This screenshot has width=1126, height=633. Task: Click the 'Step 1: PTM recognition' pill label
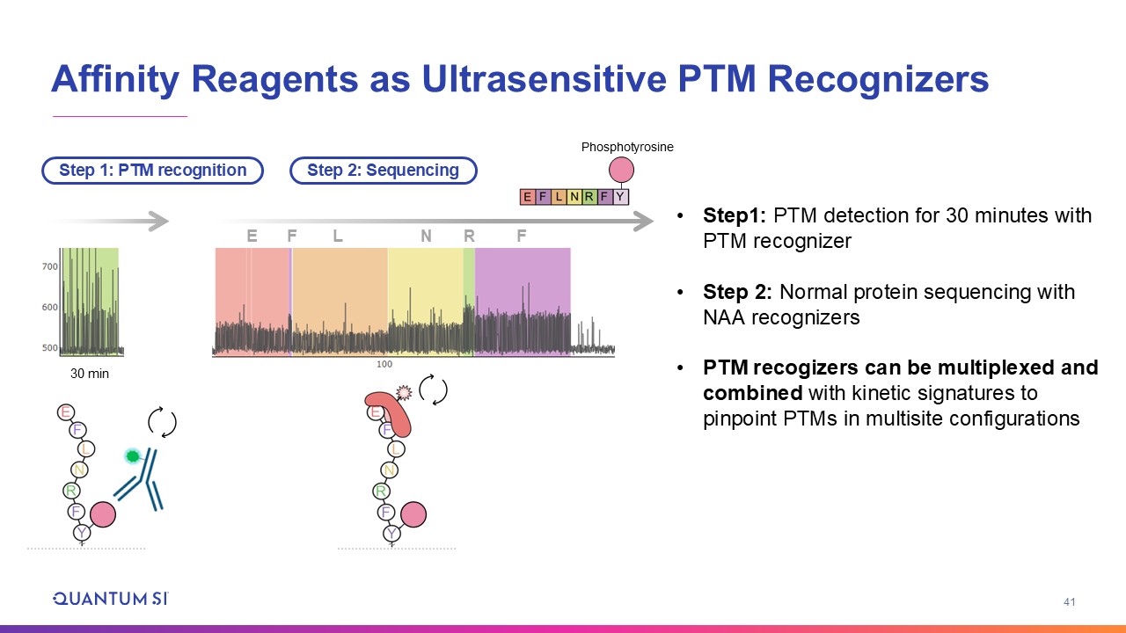(x=153, y=171)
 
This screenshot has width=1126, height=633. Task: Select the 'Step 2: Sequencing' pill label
(x=383, y=171)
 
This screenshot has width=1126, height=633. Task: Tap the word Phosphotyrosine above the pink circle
(x=627, y=147)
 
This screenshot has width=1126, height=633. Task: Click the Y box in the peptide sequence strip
(x=621, y=196)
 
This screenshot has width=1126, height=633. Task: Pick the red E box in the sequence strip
(x=527, y=196)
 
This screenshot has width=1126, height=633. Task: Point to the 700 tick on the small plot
(x=50, y=266)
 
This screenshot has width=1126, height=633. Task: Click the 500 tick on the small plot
(x=50, y=347)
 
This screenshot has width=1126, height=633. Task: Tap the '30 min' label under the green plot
(x=90, y=374)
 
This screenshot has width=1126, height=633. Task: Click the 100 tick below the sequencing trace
(x=384, y=364)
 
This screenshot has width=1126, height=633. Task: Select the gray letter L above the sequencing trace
(x=338, y=236)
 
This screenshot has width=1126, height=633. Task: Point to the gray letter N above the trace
(x=427, y=236)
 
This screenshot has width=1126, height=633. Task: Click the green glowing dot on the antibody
(x=133, y=456)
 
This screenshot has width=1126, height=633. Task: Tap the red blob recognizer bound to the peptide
(x=390, y=413)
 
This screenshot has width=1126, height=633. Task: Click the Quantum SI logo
(x=111, y=599)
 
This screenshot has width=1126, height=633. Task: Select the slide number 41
(x=1069, y=602)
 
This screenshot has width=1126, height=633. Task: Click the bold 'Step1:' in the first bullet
(x=735, y=215)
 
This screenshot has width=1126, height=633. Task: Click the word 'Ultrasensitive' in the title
(x=544, y=79)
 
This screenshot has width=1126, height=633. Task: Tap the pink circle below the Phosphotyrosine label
(x=621, y=170)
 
